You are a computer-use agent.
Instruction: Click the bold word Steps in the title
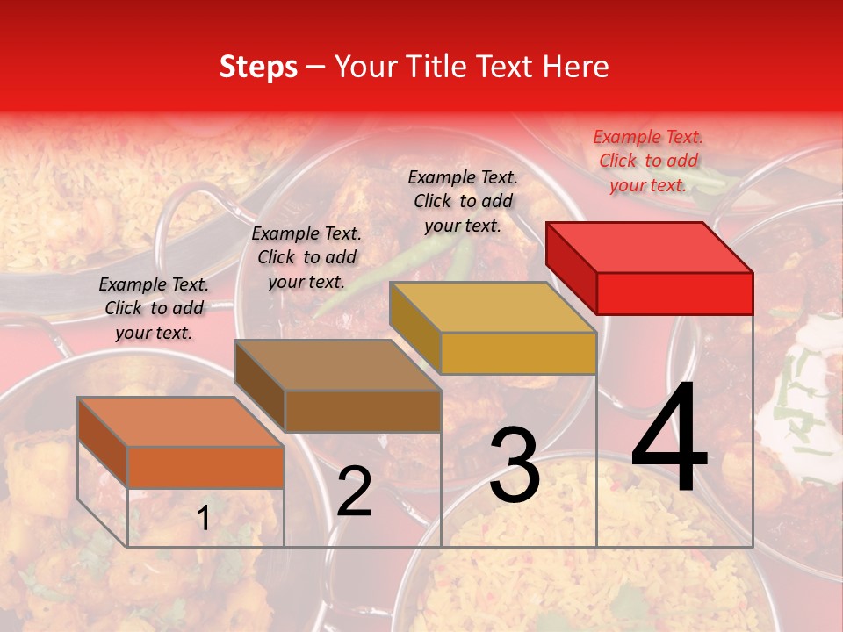coord(258,67)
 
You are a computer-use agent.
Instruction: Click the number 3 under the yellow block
coord(515,465)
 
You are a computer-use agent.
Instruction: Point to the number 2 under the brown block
coord(354,492)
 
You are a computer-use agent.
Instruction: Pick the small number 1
coord(203,518)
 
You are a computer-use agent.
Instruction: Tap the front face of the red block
coord(674,293)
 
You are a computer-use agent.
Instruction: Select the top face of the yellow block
coord(494,307)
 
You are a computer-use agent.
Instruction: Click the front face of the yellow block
coord(518,353)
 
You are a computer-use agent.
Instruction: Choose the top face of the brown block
coord(338,365)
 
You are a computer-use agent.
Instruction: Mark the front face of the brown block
coord(362,411)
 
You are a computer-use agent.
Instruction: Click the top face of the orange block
coord(181,422)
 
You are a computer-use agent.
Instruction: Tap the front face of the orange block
coord(205,467)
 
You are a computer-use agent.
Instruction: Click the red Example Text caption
coord(648,161)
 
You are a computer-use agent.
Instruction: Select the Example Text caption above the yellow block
coord(463,201)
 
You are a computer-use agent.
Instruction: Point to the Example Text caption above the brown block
coord(306,257)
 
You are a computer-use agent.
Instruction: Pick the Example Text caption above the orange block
coord(154,308)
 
